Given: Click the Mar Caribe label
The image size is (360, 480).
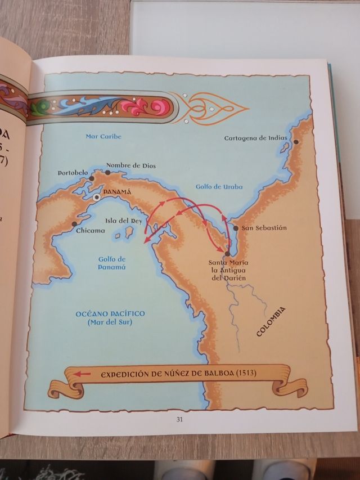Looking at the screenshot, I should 103,136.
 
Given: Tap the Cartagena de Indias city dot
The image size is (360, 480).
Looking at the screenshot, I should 296,142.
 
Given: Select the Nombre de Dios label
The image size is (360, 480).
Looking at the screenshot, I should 130,165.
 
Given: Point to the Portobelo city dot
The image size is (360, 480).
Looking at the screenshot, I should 92,178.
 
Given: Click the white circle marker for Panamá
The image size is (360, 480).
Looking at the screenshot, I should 97,198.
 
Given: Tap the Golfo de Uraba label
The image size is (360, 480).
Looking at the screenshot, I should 219,187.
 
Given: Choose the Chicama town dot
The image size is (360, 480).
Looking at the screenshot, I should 74,224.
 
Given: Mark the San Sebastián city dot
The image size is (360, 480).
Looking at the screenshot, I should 236,228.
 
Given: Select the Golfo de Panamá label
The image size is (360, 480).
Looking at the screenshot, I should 111,263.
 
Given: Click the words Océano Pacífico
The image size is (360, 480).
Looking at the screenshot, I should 110,313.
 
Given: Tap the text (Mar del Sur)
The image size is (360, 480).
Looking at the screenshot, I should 110,322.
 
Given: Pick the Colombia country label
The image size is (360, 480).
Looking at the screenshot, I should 271,321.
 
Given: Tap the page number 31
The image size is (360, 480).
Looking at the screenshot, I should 179,419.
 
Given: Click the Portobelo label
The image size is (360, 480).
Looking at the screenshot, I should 70,173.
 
